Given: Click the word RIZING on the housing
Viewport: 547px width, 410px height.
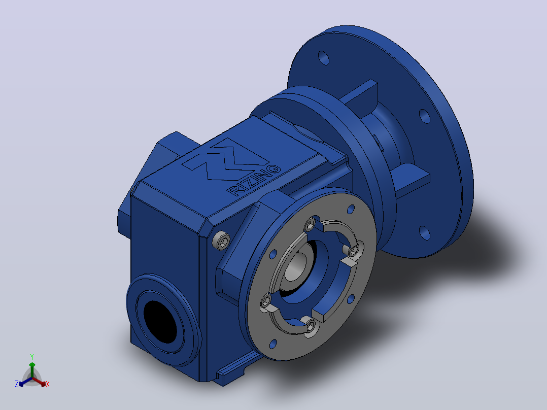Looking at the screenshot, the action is [x=254, y=180].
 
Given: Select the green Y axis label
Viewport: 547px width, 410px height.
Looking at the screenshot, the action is [x=32, y=357].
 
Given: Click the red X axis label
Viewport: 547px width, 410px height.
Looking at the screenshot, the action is [x=48, y=384].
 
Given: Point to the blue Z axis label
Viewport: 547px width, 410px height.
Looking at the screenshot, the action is [x=16, y=384].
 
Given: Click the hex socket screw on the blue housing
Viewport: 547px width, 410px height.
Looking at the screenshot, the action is [x=221, y=241].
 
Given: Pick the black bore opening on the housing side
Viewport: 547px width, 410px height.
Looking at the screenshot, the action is [x=160, y=321].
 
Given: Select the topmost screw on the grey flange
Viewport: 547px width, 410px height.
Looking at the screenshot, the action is [x=310, y=224].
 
